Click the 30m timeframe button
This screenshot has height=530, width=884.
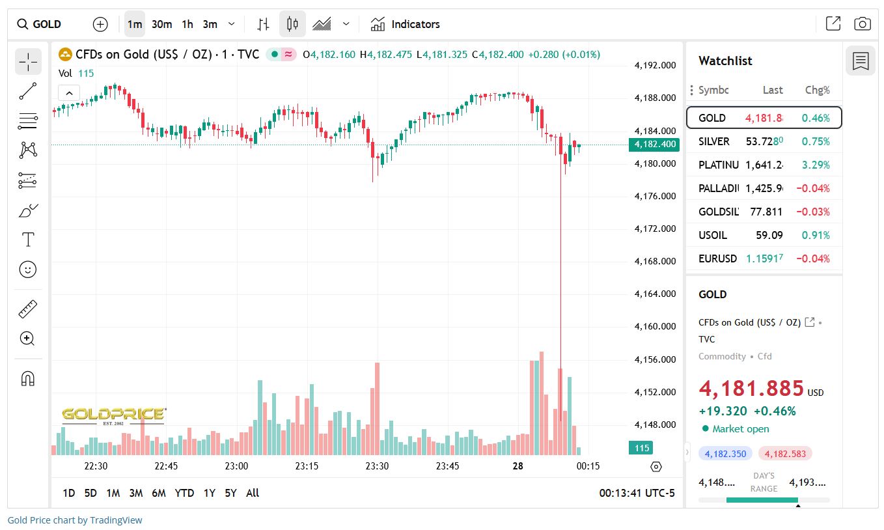pyautogui.click(x=161, y=24)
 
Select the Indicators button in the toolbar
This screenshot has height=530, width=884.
pyautogui.click(x=405, y=24)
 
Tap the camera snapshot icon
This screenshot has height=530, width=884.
pyautogui.click(x=862, y=24)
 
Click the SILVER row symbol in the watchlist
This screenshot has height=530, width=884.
pyautogui.click(x=713, y=141)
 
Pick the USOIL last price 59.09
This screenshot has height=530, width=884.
pyautogui.click(x=769, y=235)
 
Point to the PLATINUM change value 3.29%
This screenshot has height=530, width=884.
pyautogui.click(x=816, y=165)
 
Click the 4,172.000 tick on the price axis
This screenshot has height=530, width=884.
pyautogui.click(x=654, y=229)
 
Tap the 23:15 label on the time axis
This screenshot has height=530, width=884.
pyautogui.click(x=307, y=466)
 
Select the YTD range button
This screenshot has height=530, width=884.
pyautogui.click(x=184, y=493)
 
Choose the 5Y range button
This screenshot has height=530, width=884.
pyautogui.click(x=230, y=493)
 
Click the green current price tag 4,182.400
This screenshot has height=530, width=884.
pyautogui.click(x=654, y=145)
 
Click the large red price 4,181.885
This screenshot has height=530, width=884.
pyautogui.click(x=751, y=388)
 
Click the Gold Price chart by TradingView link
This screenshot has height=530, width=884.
pyautogui.click(x=75, y=520)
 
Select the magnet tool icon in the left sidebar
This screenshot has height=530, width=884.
pyautogui.click(x=28, y=378)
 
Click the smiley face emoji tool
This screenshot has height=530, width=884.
pyautogui.click(x=28, y=269)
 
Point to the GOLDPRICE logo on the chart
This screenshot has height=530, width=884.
pyautogui.click(x=114, y=414)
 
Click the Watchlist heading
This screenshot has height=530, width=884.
pyautogui.click(x=725, y=61)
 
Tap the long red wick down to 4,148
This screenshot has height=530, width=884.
pyautogui.click(x=560, y=293)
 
